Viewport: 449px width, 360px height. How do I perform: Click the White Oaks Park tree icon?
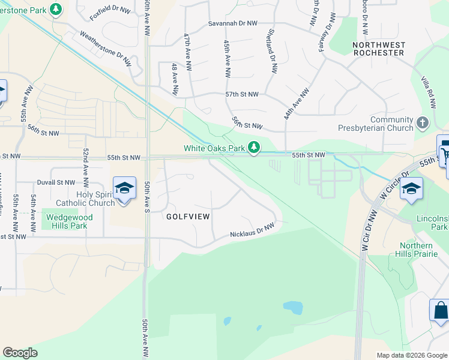255,147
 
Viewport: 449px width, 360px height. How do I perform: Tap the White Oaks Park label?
214,148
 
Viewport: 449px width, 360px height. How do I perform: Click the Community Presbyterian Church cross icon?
423,123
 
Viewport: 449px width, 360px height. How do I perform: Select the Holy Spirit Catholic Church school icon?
124,188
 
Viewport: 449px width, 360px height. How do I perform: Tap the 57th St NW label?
242,95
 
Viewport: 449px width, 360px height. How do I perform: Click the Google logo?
20,353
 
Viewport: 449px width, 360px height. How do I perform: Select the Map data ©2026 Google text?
411,355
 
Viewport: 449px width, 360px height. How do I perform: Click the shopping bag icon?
440,310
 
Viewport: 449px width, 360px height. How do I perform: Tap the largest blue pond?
293,308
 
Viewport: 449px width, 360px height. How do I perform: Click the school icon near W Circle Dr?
411,188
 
